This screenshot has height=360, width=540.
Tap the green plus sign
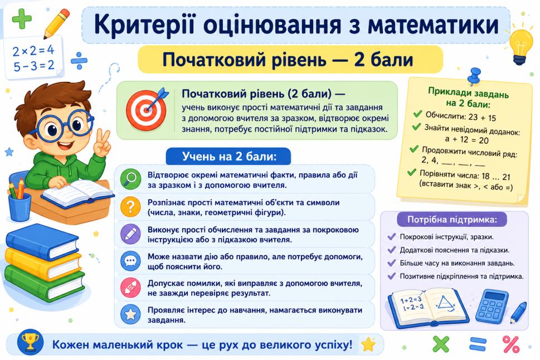[x=22, y=18]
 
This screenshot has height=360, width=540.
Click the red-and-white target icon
[x=146, y=110]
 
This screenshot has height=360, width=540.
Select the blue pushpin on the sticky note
[x=475, y=76]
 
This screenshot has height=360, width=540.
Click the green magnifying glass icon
[x=130, y=179]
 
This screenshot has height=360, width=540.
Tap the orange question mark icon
[x=130, y=206]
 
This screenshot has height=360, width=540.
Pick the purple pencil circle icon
[x=130, y=234]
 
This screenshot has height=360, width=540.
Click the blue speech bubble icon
[x=130, y=261]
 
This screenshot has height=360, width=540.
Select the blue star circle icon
[x=130, y=314]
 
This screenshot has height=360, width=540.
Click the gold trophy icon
[x=30, y=342]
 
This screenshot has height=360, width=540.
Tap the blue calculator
[x=492, y=307]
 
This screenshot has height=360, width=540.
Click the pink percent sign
[x=510, y=344]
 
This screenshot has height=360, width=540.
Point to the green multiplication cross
[x=441, y=344]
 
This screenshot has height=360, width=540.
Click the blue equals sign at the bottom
[x=478, y=344]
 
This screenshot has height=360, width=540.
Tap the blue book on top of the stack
[x=42, y=241]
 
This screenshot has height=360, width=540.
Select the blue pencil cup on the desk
[x=20, y=207]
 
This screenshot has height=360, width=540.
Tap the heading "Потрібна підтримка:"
[x=452, y=220]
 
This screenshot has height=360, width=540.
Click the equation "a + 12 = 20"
[x=466, y=139]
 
